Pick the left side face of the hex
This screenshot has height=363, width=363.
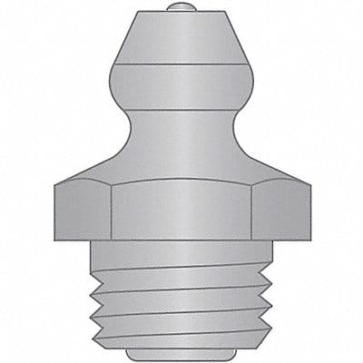83,213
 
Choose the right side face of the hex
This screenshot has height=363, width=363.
280,213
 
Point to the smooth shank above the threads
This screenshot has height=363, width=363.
181,258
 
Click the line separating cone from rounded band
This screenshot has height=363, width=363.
181,64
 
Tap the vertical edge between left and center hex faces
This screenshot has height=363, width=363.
112,213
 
